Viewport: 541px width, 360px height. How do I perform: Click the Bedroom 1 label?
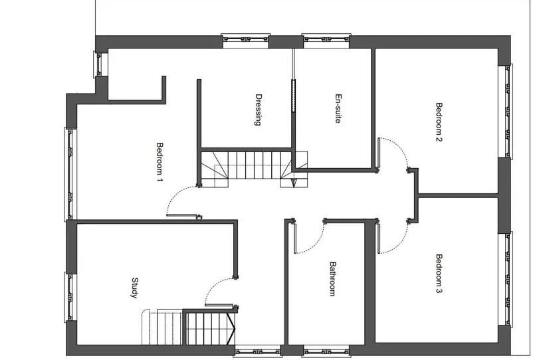coord(160,161)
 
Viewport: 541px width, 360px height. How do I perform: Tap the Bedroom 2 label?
coord(439,122)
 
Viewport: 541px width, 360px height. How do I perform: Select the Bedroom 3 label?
coord(439,274)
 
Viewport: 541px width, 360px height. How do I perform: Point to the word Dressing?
coord(258,110)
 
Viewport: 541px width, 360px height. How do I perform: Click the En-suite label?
coord(338,108)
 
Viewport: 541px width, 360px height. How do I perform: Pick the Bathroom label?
coord(332,279)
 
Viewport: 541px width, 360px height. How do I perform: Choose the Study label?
coord(134,288)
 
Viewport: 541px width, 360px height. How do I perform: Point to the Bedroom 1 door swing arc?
coord(175,194)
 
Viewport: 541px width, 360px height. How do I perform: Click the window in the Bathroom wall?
coord(326,352)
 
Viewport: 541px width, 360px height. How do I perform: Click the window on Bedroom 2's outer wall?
coord(506,111)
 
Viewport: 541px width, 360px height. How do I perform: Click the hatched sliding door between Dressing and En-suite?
coord(294,96)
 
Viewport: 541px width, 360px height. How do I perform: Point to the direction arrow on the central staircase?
coord(294,183)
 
